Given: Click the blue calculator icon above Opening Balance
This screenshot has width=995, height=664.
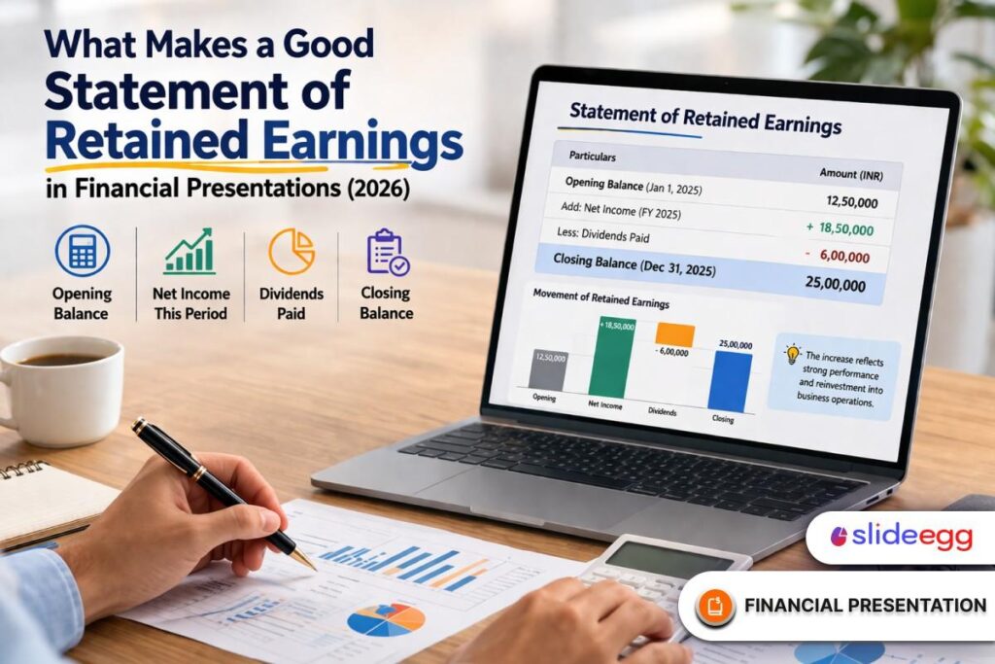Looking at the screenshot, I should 82,250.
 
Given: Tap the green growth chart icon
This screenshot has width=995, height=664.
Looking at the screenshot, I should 189,251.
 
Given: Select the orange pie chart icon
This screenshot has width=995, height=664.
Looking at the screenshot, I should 291,251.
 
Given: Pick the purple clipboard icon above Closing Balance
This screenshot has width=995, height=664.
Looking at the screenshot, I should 387,251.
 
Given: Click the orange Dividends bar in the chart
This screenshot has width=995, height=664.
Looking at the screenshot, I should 674,334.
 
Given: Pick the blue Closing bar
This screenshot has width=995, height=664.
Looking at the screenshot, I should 731,379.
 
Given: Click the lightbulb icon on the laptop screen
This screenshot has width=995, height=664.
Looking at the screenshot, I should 792,354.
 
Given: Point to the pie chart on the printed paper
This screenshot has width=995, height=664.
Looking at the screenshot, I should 386,619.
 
